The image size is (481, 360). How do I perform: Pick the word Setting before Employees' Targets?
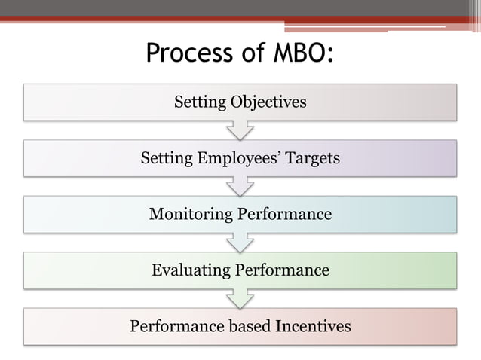[167, 158]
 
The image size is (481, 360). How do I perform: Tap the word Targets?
[312, 158]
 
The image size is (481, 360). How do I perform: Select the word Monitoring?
[191, 214]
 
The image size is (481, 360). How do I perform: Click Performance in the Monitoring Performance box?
[285, 214]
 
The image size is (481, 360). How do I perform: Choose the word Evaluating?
[190, 270]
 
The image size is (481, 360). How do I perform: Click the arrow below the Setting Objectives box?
[240, 130]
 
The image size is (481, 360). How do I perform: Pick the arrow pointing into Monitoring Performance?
[240, 187]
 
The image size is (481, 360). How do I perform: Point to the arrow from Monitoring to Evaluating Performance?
[240, 243]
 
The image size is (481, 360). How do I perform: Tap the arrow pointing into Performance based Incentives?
[240, 298]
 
